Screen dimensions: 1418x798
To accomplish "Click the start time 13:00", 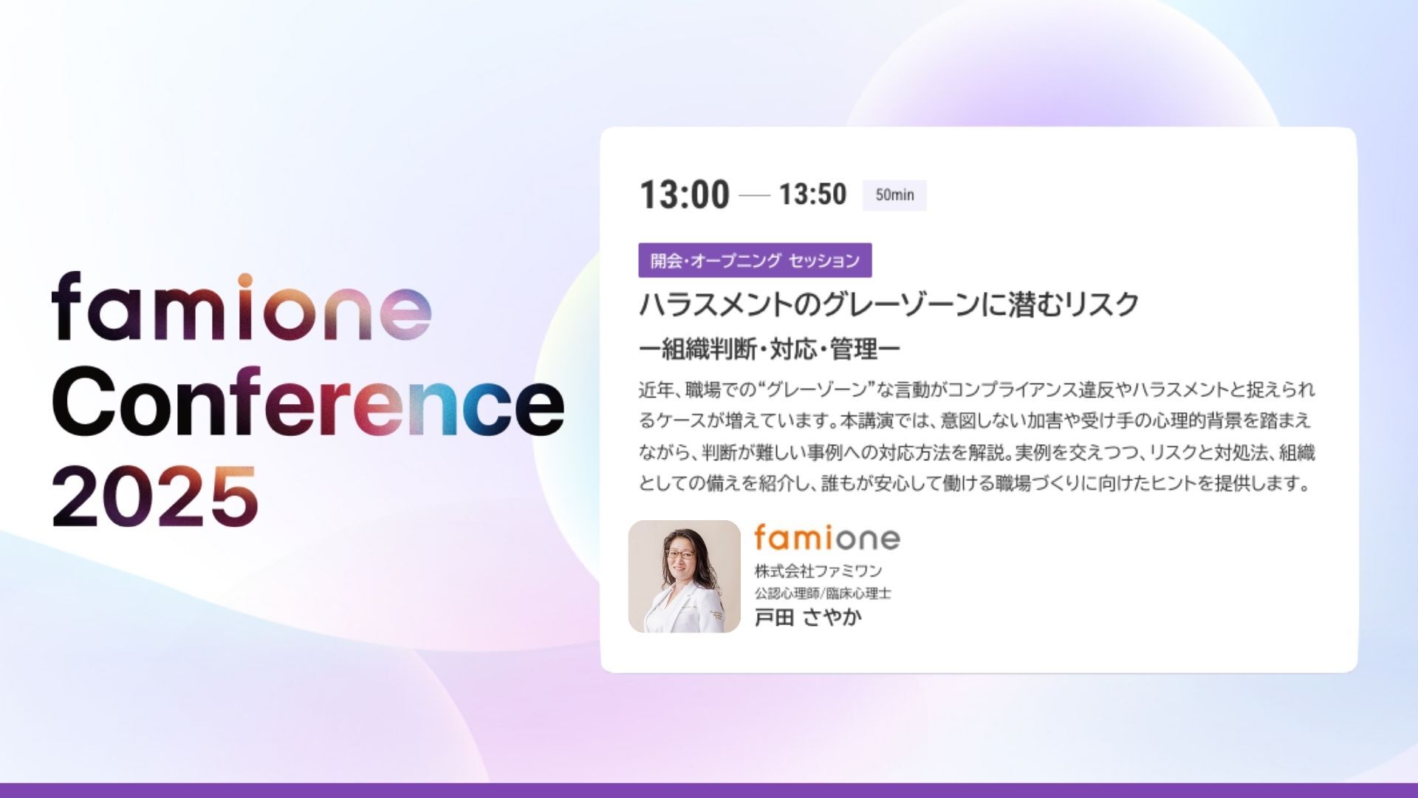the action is point(684,195).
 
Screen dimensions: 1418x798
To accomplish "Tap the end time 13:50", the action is point(812,194).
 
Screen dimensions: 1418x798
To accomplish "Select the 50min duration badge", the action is point(894,195).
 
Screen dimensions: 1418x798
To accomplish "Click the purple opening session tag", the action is point(755,260).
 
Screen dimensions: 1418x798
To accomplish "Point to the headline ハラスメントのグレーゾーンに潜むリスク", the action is point(888,304).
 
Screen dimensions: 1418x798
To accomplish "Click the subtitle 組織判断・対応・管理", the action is point(770,349).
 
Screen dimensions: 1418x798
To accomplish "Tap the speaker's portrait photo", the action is point(684,576).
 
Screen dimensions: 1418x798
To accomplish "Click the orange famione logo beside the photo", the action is point(827,537).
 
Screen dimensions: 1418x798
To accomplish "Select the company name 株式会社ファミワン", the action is point(818,570).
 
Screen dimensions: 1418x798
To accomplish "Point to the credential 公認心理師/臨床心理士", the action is point(823,593).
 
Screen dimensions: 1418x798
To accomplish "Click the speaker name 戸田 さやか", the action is point(808,617).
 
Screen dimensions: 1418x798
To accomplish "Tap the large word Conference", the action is point(308,400).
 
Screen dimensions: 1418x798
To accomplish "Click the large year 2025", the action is point(155,496).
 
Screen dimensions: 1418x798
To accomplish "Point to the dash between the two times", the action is point(754,196).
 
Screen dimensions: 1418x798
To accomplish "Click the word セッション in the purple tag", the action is point(824,261).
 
